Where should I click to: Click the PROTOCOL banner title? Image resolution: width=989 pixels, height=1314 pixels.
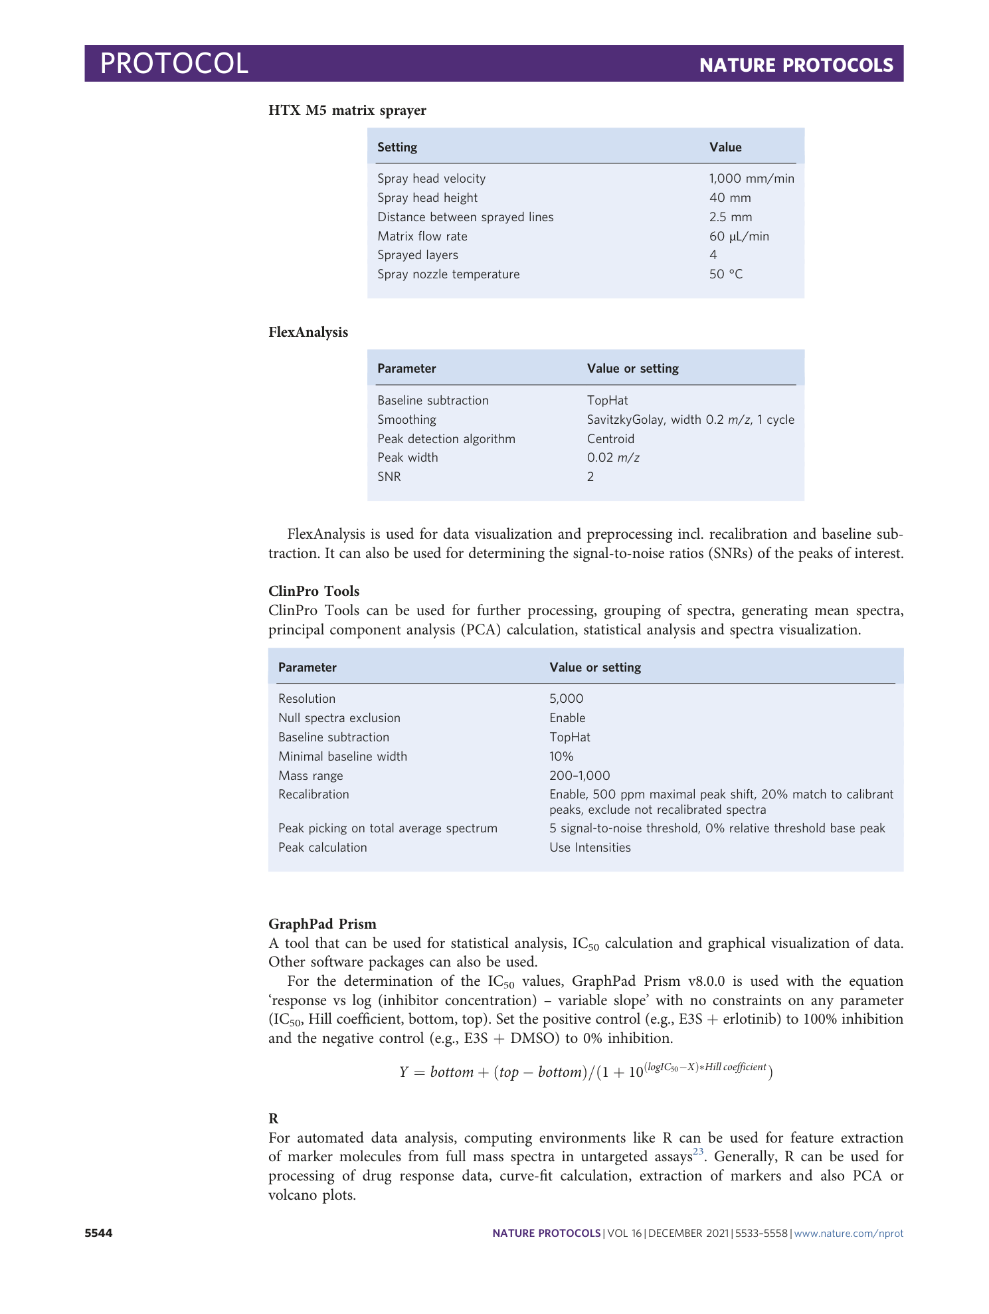pyautogui.click(x=174, y=64)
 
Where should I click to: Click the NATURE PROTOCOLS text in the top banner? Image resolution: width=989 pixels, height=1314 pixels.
pyautogui.click(x=796, y=65)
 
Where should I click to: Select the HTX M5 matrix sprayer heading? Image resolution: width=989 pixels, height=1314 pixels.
pyautogui.click(x=347, y=110)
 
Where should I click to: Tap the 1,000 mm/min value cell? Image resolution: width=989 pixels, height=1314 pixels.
pyautogui.click(x=751, y=179)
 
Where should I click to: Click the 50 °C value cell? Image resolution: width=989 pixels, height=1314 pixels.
pyautogui.click(x=725, y=274)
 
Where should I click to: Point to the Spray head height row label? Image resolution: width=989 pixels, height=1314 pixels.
pyautogui.click(x=427, y=198)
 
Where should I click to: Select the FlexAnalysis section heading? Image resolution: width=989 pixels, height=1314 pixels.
pyautogui.click(x=308, y=332)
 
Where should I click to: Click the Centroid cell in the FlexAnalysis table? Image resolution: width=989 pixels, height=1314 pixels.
pyautogui.click(x=610, y=439)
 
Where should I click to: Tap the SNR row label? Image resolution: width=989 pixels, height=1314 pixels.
pyautogui.click(x=389, y=477)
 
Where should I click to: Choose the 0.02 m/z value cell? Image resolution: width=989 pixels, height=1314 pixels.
pyautogui.click(x=612, y=458)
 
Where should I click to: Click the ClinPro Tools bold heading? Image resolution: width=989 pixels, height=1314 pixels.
pyautogui.click(x=314, y=591)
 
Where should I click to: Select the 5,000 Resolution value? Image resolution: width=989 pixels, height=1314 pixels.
pyautogui.click(x=566, y=699)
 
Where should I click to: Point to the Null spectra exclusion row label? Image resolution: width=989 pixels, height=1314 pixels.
pyautogui.click(x=339, y=718)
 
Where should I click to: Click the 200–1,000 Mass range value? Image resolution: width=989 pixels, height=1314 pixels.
pyautogui.click(x=579, y=776)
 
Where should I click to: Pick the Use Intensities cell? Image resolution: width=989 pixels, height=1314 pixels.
pyautogui.click(x=590, y=848)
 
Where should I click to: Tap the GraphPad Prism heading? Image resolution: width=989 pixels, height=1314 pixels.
pyautogui.click(x=322, y=924)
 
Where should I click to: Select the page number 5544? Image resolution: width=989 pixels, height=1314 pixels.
pyautogui.click(x=98, y=1234)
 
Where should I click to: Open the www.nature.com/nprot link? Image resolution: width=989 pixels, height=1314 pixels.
pyautogui.click(x=848, y=1234)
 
